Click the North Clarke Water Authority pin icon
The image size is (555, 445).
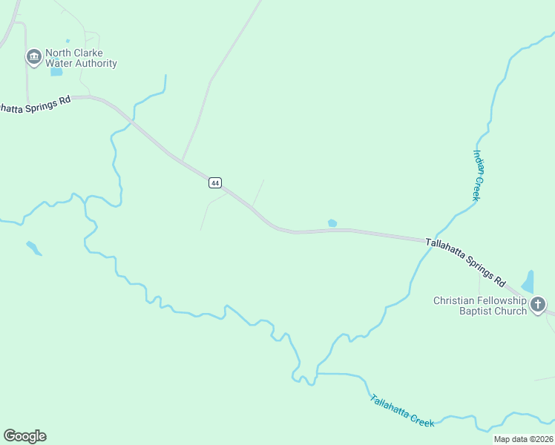[x=33, y=57]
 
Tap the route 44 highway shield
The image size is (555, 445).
[x=215, y=182]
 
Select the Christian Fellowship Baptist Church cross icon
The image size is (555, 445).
[x=537, y=304]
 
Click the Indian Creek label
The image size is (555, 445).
[x=479, y=175]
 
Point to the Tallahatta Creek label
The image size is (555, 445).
[x=402, y=409]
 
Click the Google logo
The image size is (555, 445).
[x=24, y=436]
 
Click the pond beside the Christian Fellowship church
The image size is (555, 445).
[x=528, y=282]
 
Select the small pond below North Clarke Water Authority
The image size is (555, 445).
[x=56, y=72]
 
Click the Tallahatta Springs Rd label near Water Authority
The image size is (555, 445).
[x=34, y=105]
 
